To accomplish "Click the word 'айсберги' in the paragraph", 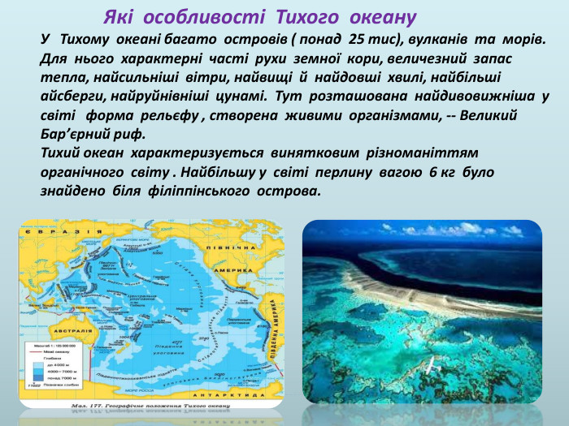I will [x=72, y=96].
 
